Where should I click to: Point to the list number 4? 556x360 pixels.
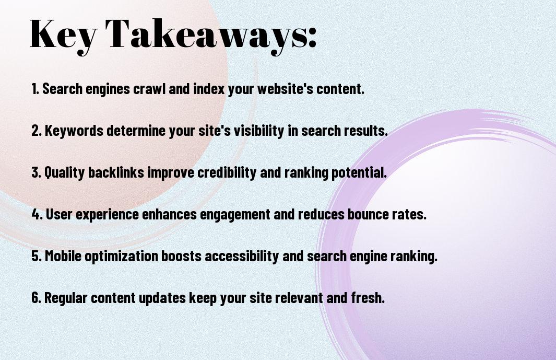point(37,214)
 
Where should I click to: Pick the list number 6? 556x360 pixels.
point(36,297)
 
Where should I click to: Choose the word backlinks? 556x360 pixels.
point(116,172)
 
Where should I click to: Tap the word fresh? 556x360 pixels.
point(368,297)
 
